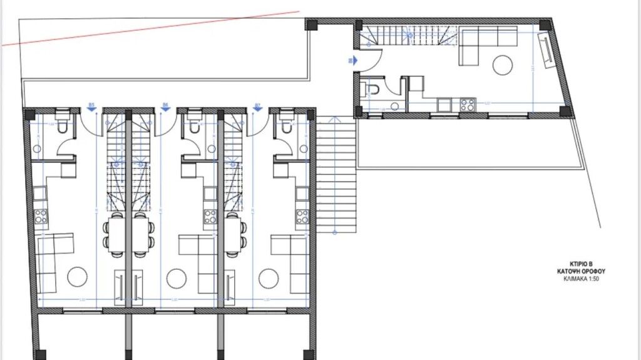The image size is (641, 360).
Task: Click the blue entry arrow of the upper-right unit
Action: click(x=352, y=61)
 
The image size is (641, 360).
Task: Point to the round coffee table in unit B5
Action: click(x=78, y=276)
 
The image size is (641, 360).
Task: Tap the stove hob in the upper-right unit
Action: click(x=467, y=105)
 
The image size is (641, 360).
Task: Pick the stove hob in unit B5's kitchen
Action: click(x=41, y=217)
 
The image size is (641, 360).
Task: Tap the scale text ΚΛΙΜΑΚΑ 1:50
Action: click(x=582, y=279)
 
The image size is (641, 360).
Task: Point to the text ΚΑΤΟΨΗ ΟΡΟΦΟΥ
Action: click(x=582, y=272)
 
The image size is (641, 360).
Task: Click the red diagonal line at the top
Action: click(x=150, y=28)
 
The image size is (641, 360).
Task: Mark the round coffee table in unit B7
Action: click(x=269, y=276)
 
